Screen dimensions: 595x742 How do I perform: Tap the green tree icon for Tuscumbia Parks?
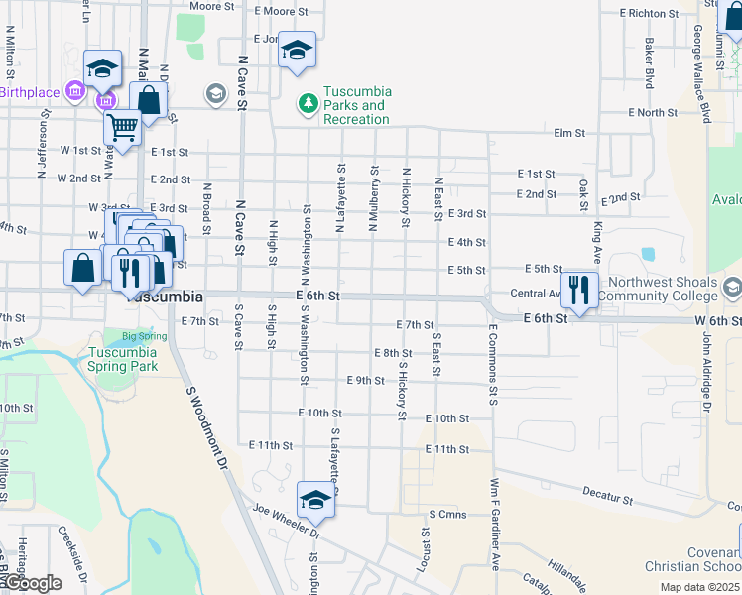tap(309, 103)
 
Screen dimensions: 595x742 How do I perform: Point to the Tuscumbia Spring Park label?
tap(123, 359)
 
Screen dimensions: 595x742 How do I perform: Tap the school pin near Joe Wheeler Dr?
tap(315, 500)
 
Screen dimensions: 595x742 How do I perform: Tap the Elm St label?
tap(570, 132)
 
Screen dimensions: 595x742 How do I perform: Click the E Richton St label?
tap(649, 14)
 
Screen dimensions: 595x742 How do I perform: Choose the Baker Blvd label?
tap(650, 63)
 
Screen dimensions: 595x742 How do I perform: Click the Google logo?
tap(33, 583)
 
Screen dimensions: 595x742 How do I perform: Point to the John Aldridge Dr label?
tap(707, 371)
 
